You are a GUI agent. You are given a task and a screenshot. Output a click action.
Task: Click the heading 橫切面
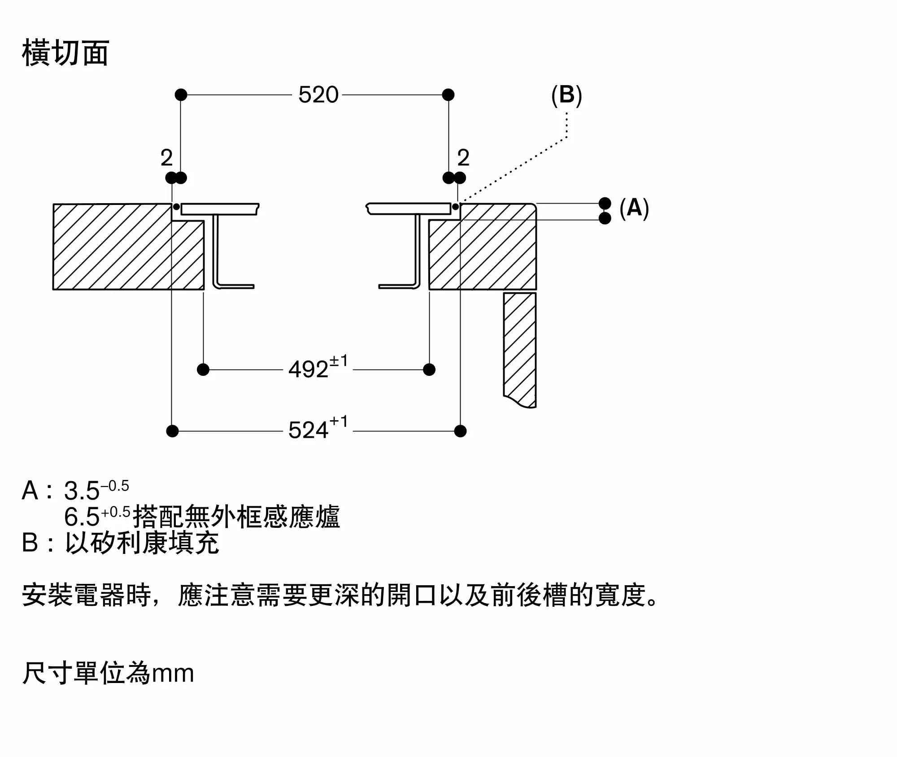tap(65, 53)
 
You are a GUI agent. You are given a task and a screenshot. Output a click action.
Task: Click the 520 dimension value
tap(318, 95)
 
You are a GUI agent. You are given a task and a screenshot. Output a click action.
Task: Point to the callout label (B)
tap(566, 95)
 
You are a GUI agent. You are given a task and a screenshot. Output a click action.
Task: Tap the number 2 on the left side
tap(166, 158)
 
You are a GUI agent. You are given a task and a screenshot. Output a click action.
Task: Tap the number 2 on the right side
tap(463, 158)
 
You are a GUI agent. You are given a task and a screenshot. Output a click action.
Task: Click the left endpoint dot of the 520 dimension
tap(181, 95)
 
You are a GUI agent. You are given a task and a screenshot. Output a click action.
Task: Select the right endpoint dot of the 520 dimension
tap(448, 95)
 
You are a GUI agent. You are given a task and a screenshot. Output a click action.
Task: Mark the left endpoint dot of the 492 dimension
tap(203, 370)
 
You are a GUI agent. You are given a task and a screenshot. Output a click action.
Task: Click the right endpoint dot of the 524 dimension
tap(460, 431)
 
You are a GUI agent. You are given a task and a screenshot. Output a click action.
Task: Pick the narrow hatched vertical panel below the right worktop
tap(520, 350)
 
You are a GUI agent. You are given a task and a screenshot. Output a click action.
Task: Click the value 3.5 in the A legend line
tap(82, 491)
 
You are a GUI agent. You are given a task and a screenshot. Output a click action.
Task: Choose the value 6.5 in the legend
tap(82, 517)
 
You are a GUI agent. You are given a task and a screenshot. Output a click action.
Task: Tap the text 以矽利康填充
tap(142, 543)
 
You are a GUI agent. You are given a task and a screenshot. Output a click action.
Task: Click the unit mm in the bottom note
tap(173, 674)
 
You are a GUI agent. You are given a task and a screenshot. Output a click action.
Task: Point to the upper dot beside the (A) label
tap(605, 203)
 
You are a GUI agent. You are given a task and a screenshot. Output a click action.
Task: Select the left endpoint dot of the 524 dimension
tap(172, 431)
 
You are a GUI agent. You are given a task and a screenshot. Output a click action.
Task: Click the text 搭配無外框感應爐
tap(236, 517)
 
